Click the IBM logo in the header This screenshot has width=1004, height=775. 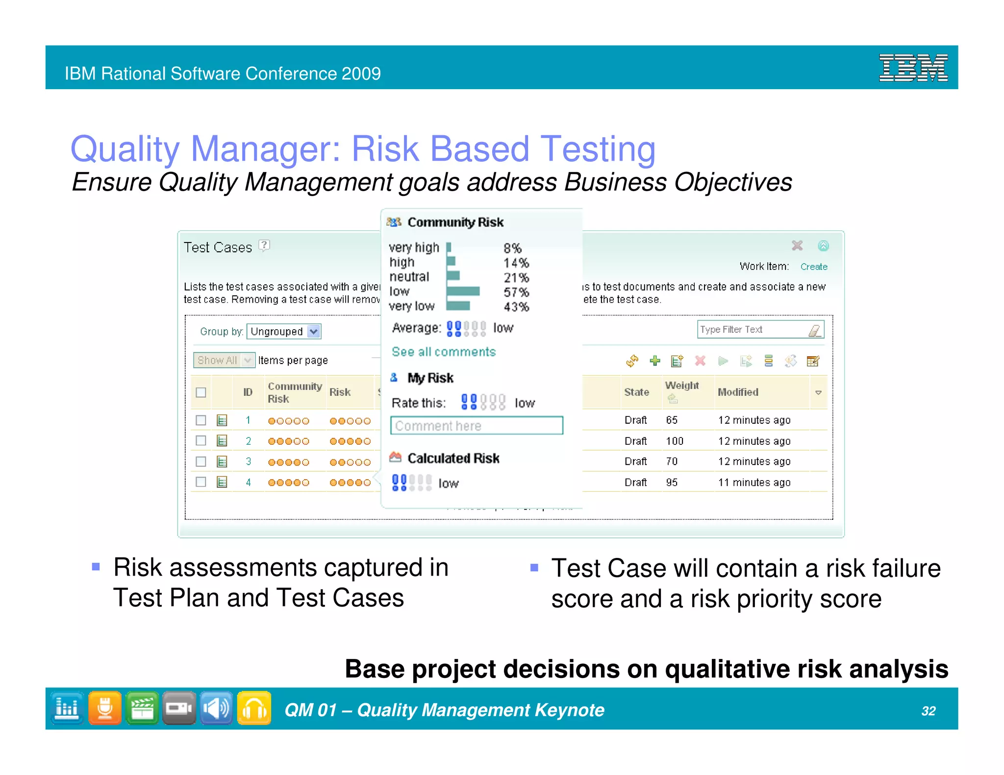[913, 68]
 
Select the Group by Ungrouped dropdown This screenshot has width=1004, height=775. [284, 332]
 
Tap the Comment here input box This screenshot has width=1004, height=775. [477, 426]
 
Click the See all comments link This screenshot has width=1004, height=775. [444, 352]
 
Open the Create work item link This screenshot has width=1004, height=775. [813, 266]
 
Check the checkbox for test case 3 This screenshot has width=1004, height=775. [201, 461]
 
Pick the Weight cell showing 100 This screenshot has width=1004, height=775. [675, 441]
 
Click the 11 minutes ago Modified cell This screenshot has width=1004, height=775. [754, 483]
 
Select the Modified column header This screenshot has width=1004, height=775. [738, 392]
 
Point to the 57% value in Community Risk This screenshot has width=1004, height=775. [516, 292]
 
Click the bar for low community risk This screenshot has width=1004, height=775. [463, 291]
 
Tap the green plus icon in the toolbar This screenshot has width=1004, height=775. [654, 361]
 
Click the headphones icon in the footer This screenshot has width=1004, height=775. [254, 708]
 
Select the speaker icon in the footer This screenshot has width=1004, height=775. [216, 708]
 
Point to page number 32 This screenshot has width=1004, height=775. [928, 711]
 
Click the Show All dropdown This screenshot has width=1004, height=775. [224, 361]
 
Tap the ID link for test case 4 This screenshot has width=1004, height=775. [249, 483]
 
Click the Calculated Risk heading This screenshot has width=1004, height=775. [453, 458]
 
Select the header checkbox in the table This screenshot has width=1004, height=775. [201, 392]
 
